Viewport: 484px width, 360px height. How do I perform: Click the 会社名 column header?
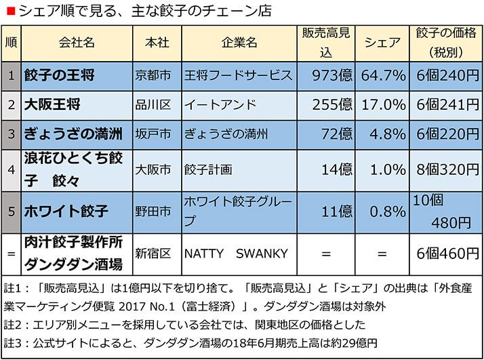[x=77, y=43]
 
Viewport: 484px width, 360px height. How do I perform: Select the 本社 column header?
[x=157, y=43]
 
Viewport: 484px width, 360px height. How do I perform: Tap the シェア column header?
[x=382, y=43]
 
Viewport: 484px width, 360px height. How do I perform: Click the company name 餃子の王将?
[x=59, y=74]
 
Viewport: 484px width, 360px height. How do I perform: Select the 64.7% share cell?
[x=383, y=74]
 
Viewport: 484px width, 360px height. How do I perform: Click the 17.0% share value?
[x=383, y=105]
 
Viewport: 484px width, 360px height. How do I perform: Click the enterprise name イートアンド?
[x=220, y=105]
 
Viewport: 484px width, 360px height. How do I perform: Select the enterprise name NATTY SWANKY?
[x=236, y=254]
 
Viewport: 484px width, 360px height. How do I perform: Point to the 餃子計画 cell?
[x=208, y=169]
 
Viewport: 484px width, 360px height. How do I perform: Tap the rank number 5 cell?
[x=11, y=212]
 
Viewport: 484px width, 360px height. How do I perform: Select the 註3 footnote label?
[x=15, y=342]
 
